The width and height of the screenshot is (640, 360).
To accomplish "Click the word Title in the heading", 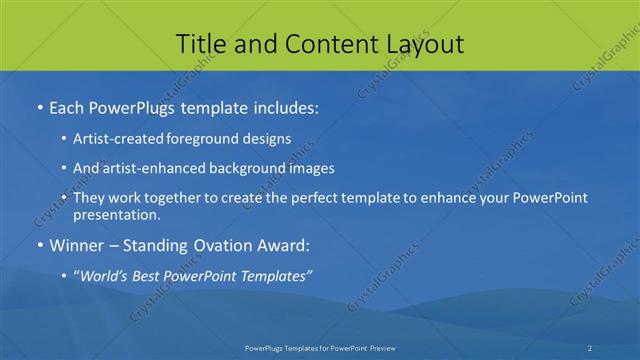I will click(200, 44).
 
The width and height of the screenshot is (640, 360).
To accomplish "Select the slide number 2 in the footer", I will click(590, 347).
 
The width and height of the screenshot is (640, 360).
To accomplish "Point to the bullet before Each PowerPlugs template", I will click(39, 105).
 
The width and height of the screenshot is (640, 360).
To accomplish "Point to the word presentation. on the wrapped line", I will click(116, 215).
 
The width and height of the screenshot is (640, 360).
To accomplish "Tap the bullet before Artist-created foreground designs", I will click(64, 139).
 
